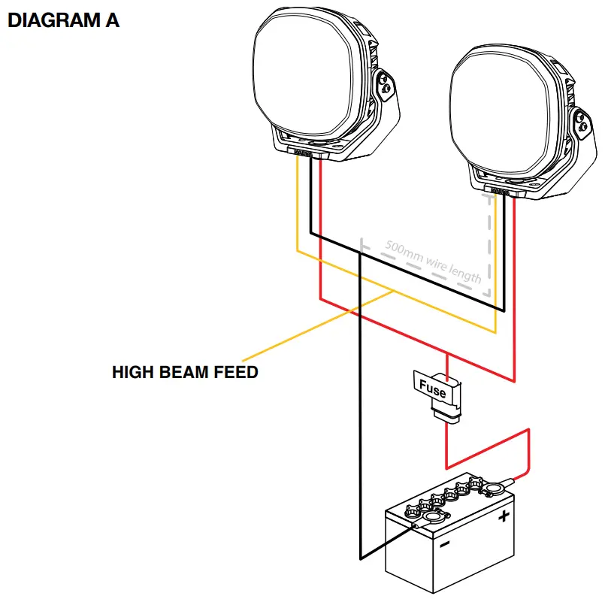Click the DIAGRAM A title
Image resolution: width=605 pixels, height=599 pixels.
(x=63, y=20)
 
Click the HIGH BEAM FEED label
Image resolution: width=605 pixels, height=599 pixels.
(x=185, y=371)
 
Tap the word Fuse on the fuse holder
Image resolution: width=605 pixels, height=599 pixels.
(x=431, y=391)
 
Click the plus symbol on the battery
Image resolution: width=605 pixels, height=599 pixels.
(x=504, y=516)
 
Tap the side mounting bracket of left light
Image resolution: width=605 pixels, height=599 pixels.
(x=387, y=87)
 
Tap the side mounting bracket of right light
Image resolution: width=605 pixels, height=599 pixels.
(x=585, y=124)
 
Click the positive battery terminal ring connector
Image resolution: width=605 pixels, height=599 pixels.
(x=495, y=489)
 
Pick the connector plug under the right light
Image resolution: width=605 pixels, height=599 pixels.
(x=501, y=192)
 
